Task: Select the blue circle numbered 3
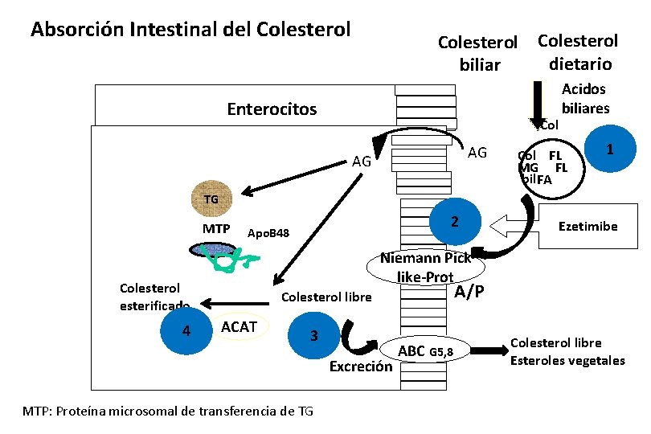tap(315, 335)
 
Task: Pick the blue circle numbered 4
tap(186, 330)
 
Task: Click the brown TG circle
tap(211, 199)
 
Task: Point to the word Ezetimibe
tap(588, 227)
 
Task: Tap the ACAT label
tap(238, 326)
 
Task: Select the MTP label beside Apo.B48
tap(216, 229)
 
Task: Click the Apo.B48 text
tap(268, 233)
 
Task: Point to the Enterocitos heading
tap(272, 108)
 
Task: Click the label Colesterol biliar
tap(479, 53)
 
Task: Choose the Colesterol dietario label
tap(578, 51)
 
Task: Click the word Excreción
tap(361, 367)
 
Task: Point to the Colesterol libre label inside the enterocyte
tap(326, 297)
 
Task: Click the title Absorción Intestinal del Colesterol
tap(190, 30)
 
